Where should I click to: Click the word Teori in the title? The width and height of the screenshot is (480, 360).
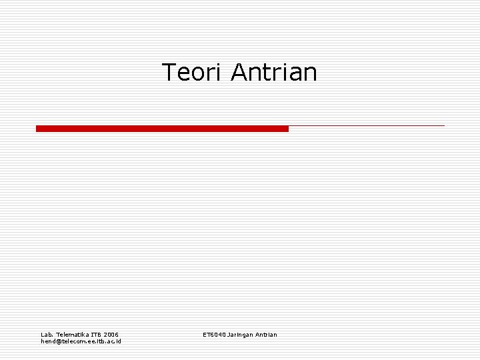pyautogui.click(x=193, y=72)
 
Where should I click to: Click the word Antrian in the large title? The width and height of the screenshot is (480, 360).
pyautogui.click(x=274, y=72)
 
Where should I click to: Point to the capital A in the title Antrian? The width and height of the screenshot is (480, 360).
pyautogui.click(x=239, y=72)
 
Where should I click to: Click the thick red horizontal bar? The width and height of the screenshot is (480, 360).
pyautogui.click(x=162, y=128)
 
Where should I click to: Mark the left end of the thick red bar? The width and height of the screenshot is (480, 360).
pyautogui.click(x=37, y=128)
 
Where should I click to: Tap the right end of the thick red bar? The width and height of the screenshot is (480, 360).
pyautogui.click(x=287, y=128)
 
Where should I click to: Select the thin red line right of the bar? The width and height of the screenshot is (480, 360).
pyautogui.click(x=367, y=125)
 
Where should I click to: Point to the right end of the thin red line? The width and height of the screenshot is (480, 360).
pyautogui.click(x=443, y=125)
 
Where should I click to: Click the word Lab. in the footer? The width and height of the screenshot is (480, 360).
pyautogui.click(x=47, y=334)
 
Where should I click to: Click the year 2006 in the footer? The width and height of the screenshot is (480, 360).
pyautogui.click(x=112, y=334)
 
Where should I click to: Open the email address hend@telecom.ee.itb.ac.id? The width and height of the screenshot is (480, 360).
pyautogui.click(x=81, y=341)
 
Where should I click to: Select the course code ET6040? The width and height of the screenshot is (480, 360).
pyautogui.click(x=213, y=334)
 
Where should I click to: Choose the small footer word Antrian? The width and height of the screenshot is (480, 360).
pyautogui.click(x=266, y=334)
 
